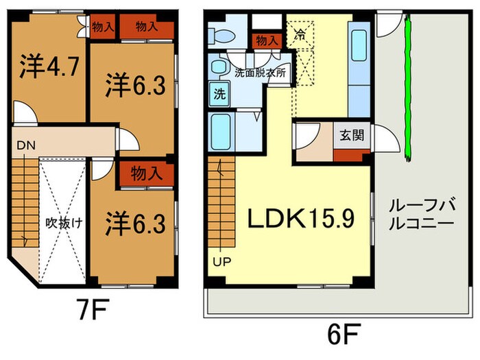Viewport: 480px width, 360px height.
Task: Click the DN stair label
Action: point(26,145)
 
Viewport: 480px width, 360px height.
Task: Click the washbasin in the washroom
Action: point(219,67)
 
